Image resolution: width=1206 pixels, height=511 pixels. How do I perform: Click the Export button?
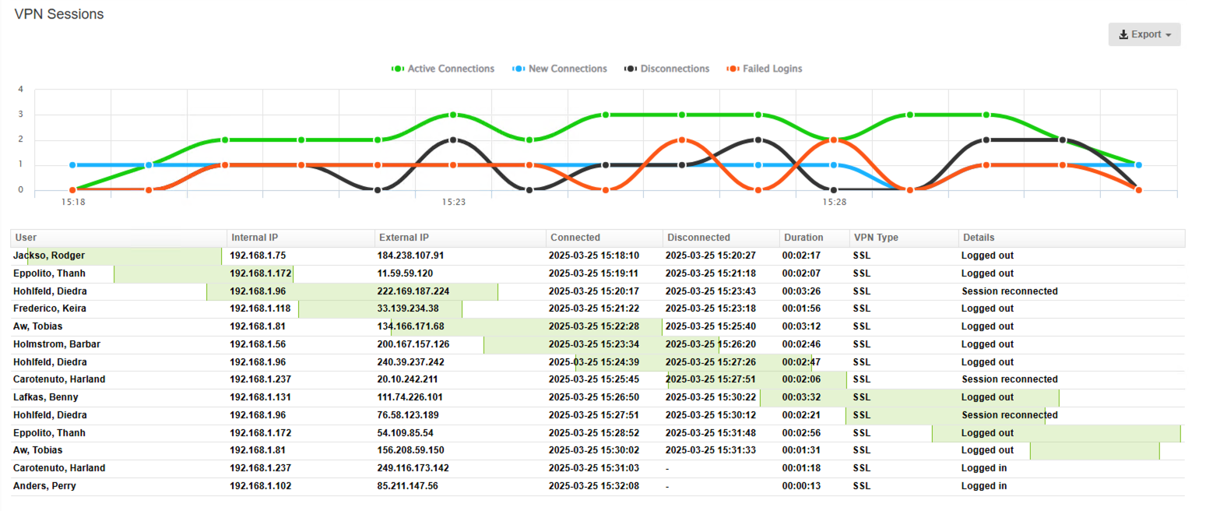[x=1144, y=34]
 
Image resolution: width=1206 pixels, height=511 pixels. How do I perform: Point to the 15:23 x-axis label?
[x=453, y=202]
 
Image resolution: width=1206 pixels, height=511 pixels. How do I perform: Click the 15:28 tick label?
[x=834, y=202]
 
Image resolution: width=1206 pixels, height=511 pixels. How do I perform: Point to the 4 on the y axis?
[x=21, y=90]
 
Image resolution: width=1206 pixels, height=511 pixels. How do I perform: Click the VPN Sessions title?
[x=59, y=15]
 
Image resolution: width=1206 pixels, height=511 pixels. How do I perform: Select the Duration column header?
[x=803, y=238]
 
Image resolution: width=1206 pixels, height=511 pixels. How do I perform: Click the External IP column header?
[x=403, y=238]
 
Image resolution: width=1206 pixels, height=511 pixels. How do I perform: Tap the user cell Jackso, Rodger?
[x=49, y=255]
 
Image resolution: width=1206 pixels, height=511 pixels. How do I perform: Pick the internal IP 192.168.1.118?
[x=260, y=308]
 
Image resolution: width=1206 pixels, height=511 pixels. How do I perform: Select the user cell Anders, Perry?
[x=44, y=486]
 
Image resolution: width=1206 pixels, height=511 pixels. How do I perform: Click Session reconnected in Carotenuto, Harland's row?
[x=1009, y=379]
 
